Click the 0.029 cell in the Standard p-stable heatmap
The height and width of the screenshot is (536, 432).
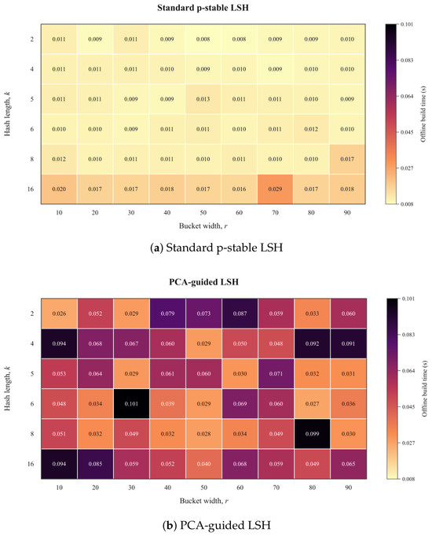coord(275,189)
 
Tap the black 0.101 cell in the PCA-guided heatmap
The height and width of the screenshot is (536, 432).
coord(131,404)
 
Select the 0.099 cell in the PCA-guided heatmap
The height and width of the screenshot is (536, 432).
coord(312,434)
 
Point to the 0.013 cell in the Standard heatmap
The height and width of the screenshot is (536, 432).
coord(203,99)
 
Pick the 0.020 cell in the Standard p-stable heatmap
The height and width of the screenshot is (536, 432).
coord(59,189)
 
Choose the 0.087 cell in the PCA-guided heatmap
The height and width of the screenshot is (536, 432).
coord(240,314)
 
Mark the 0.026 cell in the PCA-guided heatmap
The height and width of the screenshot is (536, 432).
coord(59,314)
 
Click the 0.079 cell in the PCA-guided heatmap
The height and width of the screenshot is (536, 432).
coord(167,314)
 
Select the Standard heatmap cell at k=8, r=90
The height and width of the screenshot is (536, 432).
coord(347,159)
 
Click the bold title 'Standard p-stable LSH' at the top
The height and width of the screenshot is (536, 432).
coord(203,8)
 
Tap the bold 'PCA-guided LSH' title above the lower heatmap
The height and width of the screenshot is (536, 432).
coord(204,282)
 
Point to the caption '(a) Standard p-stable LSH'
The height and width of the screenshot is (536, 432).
coord(217,248)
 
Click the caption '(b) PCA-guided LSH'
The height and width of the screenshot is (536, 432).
coord(217,525)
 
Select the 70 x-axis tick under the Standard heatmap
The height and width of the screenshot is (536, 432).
coord(275,213)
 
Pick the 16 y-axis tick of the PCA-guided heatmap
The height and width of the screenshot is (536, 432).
coord(31,464)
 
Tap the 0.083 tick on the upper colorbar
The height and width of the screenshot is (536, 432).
coord(407,61)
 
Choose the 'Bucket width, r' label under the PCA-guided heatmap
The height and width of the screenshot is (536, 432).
coord(204,501)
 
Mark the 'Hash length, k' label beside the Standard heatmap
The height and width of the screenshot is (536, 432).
coord(7,114)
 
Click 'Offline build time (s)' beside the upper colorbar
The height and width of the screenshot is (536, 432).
coord(423,114)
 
